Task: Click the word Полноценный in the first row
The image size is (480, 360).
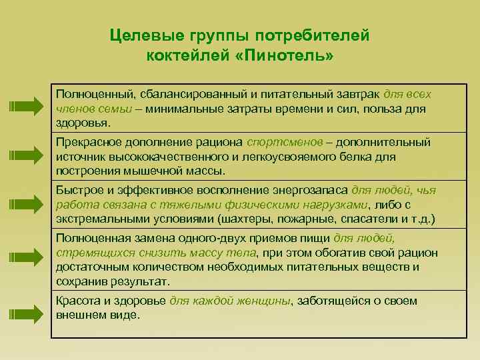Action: [x=90, y=93]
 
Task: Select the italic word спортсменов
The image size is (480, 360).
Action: [x=280, y=141]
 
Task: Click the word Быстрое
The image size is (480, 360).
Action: [x=79, y=190]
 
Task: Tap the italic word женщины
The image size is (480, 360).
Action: [x=267, y=301]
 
